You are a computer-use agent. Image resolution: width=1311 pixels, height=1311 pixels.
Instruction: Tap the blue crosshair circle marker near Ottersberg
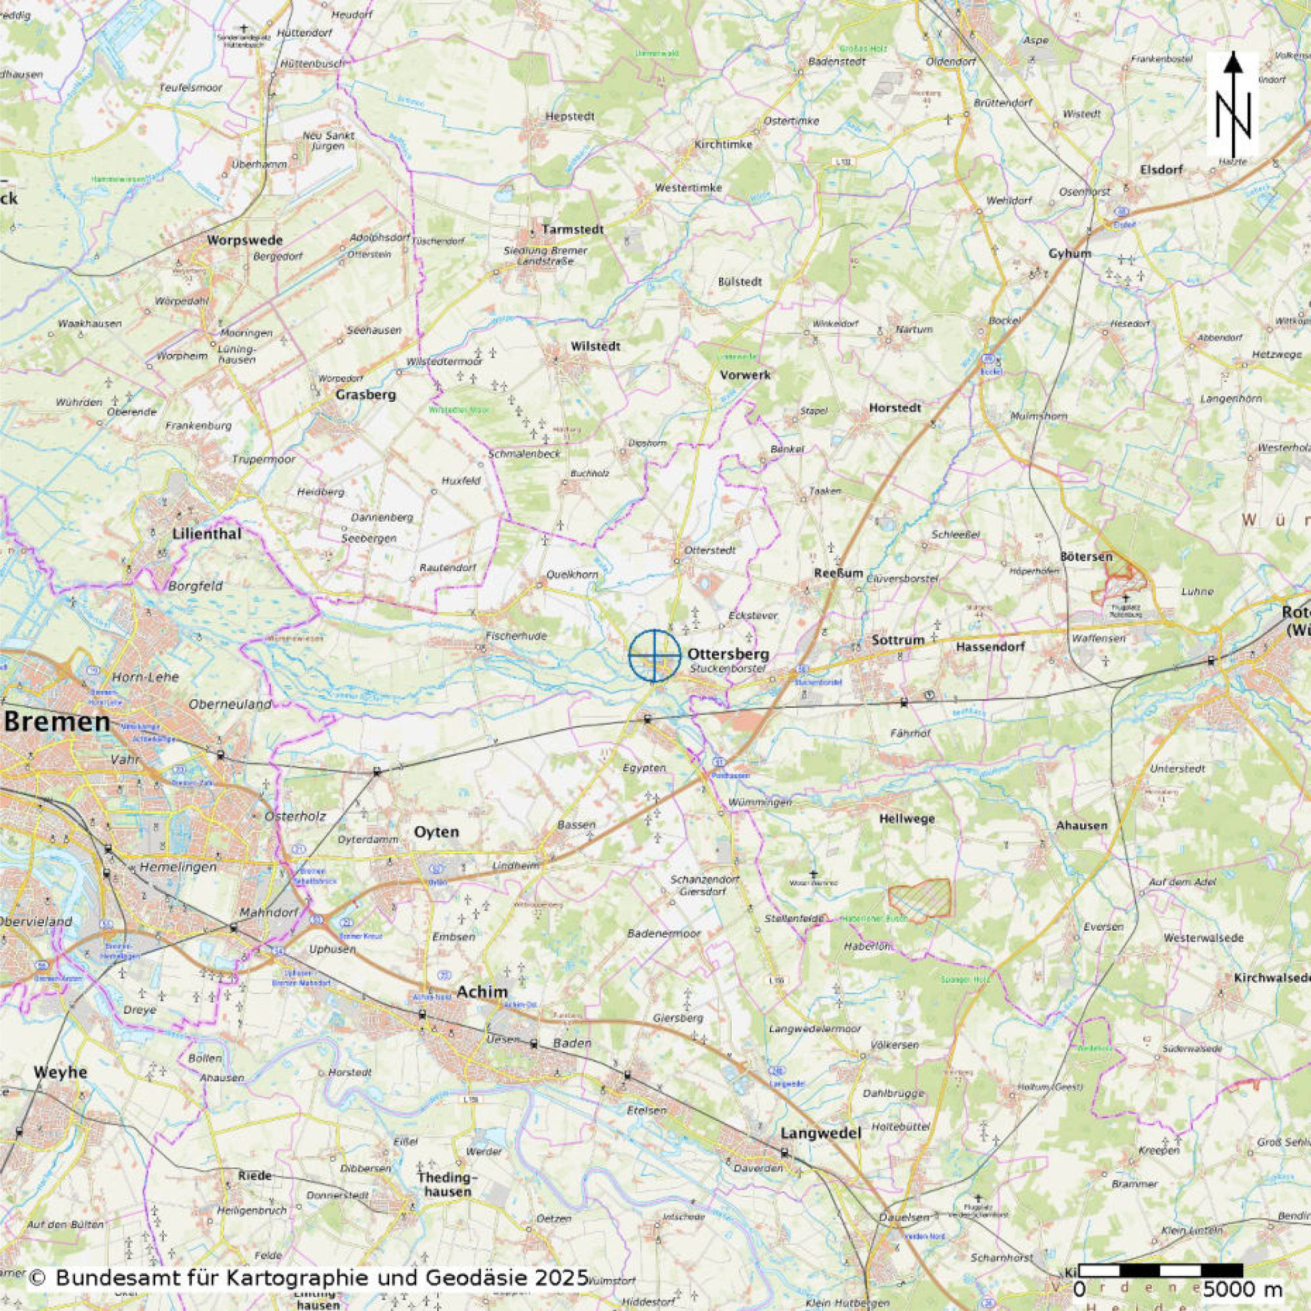(654, 655)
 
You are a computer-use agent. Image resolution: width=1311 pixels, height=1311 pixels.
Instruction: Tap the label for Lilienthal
(206, 534)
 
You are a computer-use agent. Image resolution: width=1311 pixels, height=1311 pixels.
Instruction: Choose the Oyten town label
(437, 831)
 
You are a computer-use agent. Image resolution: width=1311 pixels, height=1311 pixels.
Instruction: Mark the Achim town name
(482, 992)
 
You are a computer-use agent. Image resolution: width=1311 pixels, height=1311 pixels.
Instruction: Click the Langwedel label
(821, 1133)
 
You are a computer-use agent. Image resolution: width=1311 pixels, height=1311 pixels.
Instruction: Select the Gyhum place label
(1070, 253)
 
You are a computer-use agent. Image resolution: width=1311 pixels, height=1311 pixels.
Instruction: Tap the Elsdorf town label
(1162, 170)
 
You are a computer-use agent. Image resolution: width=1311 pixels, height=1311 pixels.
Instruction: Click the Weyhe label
(61, 1072)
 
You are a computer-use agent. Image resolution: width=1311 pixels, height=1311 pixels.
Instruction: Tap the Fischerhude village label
(515, 636)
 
